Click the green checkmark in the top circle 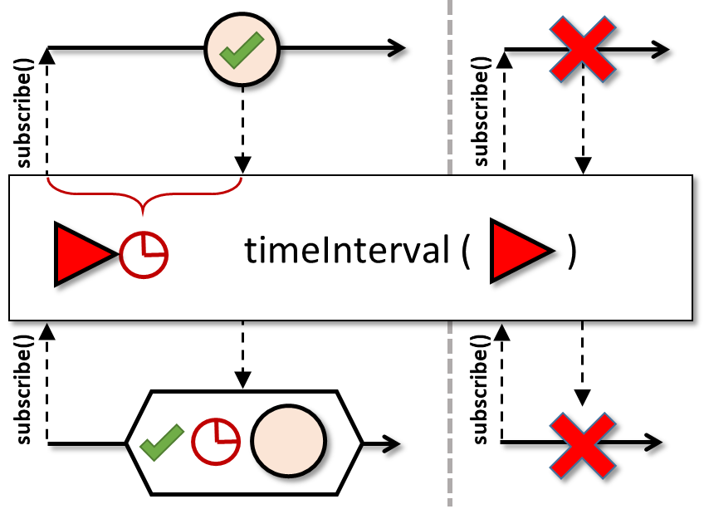[242, 52]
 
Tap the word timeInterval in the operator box [346, 250]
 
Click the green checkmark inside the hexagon [162, 441]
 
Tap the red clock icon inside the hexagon [216, 441]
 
